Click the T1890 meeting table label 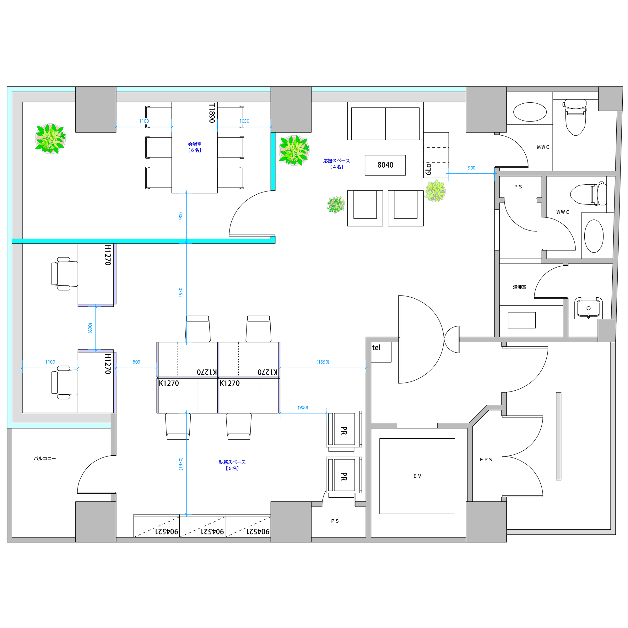click(212, 113)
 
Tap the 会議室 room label click(195, 144)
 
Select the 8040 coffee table click(385, 165)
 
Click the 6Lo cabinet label click(428, 169)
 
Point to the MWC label click(543, 147)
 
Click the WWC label click(563, 212)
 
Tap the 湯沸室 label click(519, 287)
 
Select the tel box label click(376, 348)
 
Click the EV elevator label click(417, 476)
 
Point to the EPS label click(486, 460)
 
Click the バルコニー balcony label click(45, 459)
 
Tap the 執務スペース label click(232, 462)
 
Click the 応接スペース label click(336, 161)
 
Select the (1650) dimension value click(323, 362)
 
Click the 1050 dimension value click(244, 121)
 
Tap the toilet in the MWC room click(575, 117)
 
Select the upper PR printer click(344, 431)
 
